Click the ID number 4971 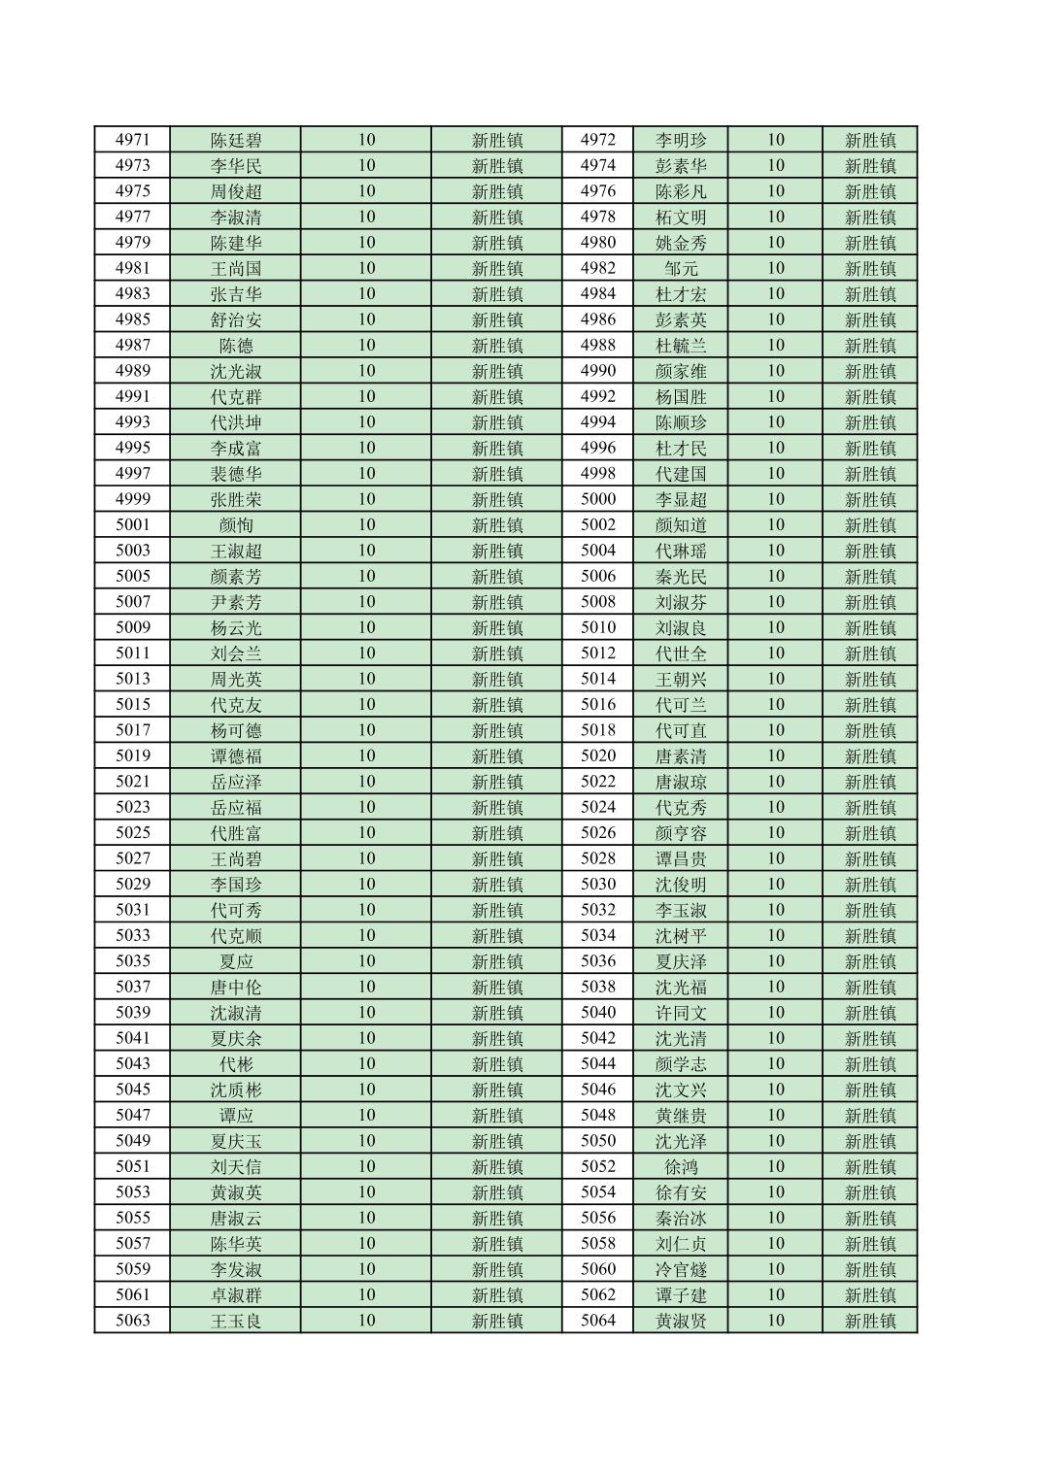(132, 140)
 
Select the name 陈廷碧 (236, 140)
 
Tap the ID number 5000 (598, 499)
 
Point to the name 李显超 (681, 499)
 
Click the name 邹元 (681, 268)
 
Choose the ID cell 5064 (598, 1321)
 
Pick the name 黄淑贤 (681, 1321)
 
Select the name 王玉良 (236, 1321)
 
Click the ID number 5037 (132, 987)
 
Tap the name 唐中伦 (236, 987)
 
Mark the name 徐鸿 (681, 1166)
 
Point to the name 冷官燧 (681, 1269)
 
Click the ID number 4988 (598, 345)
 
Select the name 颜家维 (681, 371)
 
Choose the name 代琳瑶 (681, 551)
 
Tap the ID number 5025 (132, 832)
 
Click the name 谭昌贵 (681, 858)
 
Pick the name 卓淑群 (236, 1294)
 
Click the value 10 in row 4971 (366, 140)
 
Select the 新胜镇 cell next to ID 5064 (870, 1321)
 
